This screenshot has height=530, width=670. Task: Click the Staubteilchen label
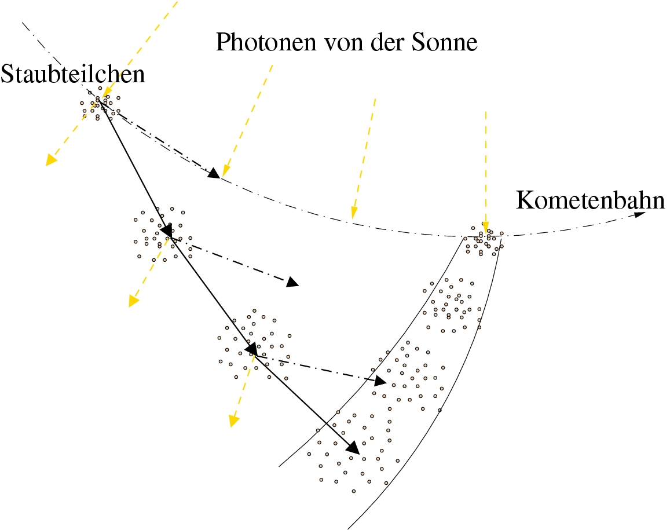pos(72,74)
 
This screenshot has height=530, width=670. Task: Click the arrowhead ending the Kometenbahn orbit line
pos(640,214)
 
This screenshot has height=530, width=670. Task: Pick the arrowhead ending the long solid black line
pos(352,447)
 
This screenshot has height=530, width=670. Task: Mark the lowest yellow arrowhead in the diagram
pos(232,420)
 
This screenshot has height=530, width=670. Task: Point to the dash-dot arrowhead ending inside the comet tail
pos(380,381)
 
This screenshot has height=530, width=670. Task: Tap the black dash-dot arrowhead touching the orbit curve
pos(214,172)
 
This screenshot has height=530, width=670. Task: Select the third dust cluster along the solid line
pos(252,347)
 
